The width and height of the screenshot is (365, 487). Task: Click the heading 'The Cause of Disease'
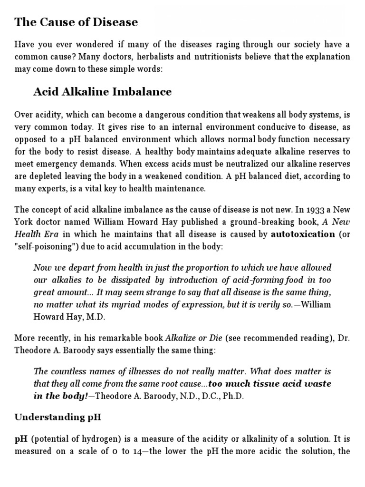coord(76,22)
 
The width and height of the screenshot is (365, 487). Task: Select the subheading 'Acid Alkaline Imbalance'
coord(102,92)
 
